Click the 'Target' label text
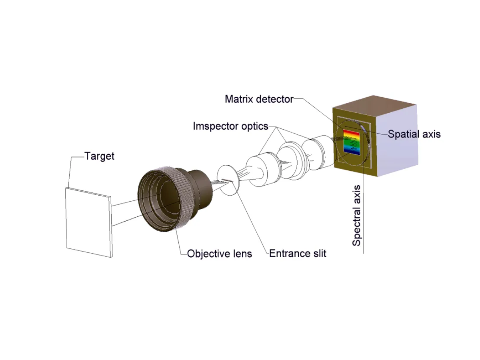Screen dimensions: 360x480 pyautogui.click(x=99, y=156)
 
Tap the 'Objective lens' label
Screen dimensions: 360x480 pyautogui.click(x=220, y=254)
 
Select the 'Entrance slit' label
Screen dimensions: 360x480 pyautogui.click(x=298, y=254)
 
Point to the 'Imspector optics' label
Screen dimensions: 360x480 pyautogui.click(x=230, y=127)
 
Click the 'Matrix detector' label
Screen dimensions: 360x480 pyautogui.click(x=259, y=99)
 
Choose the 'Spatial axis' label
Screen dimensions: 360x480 pyautogui.click(x=414, y=134)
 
